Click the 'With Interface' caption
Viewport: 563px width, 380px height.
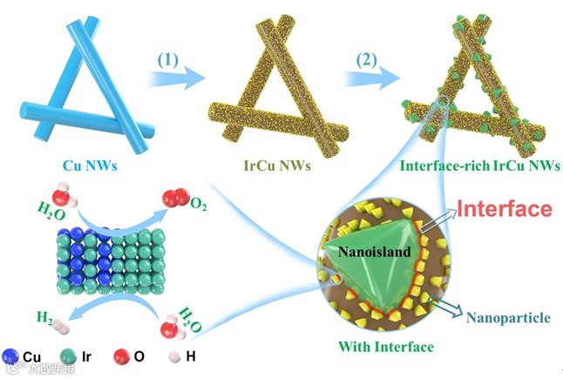[386, 348]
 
